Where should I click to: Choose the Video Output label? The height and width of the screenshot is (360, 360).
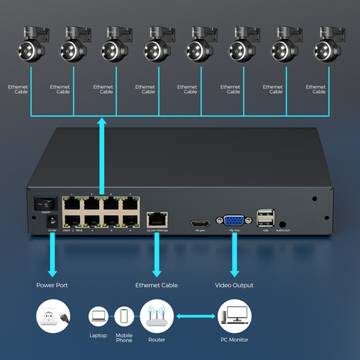pyautogui.click(x=234, y=285)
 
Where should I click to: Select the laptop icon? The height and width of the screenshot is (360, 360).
pyautogui.click(x=99, y=316)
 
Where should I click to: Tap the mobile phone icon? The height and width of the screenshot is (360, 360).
pyautogui.click(x=124, y=316)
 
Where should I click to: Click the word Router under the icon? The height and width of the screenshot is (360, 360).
pyautogui.click(x=157, y=340)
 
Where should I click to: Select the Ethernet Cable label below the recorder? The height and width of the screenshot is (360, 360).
pyautogui.click(x=157, y=285)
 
